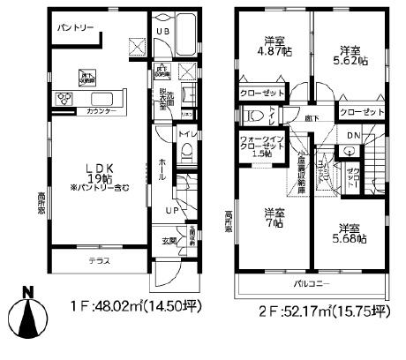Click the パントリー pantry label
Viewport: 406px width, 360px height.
[76, 28]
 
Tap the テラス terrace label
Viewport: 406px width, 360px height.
[99, 262]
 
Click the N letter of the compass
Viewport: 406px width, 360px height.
[28, 292]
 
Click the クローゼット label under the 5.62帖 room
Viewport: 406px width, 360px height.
[360, 112]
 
